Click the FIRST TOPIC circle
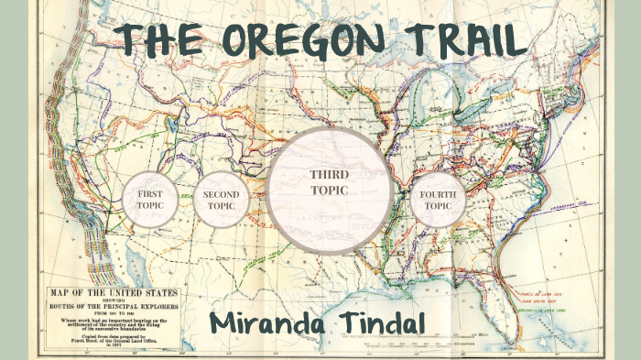click(149, 200)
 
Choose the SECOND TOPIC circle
click(221, 200)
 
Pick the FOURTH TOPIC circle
click(437, 200)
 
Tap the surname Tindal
click(386, 322)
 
